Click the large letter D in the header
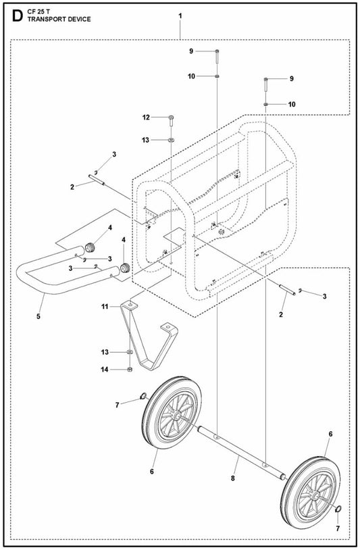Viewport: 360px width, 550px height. pyautogui.click(x=17, y=16)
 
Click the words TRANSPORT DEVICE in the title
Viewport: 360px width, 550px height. pyautogui.click(x=59, y=20)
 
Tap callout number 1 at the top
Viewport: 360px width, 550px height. pyautogui.click(x=180, y=16)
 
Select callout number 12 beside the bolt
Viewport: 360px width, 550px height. pyautogui.click(x=146, y=117)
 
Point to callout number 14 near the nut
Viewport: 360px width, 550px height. pyautogui.click(x=105, y=370)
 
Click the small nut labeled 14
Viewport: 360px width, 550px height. pyautogui.click(x=130, y=370)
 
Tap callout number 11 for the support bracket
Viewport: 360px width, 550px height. pyautogui.click(x=105, y=307)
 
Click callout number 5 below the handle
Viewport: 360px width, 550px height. pyautogui.click(x=38, y=316)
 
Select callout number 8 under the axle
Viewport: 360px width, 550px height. pyautogui.click(x=233, y=478)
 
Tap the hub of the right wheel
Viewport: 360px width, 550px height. pyautogui.click(x=316, y=496)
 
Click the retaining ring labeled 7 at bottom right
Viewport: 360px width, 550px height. pyautogui.click(x=339, y=509)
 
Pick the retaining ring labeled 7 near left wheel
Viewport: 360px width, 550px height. pyautogui.click(x=143, y=397)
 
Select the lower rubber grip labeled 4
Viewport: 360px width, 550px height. pyautogui.click(x=124, y=268)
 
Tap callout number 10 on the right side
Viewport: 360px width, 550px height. pyautogui.click(x=292, y=104)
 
